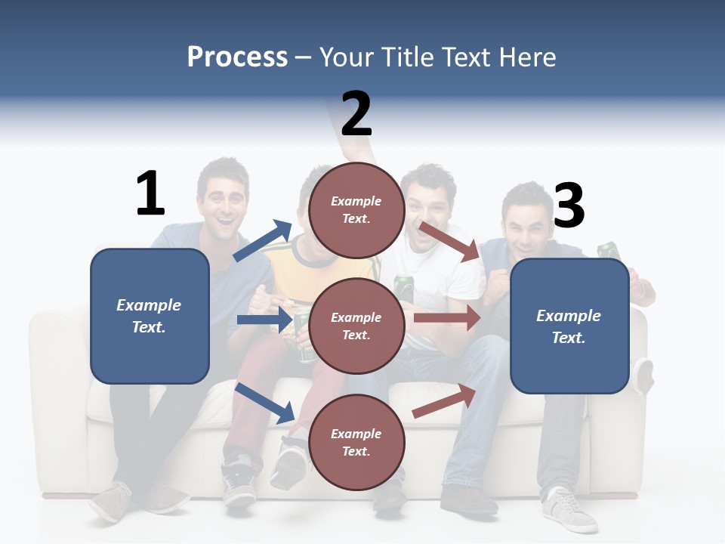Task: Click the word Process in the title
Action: click(x=237, y=57)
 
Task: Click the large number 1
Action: click(x=150, y=193)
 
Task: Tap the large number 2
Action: click(x=356, y=113)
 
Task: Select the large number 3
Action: click(x=569, y=206)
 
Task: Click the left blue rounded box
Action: click(x=150, y=316)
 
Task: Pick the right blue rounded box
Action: click(x=569, y=326)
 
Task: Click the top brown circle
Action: click(x=356, y=210)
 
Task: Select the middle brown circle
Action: click(x=356, y=326)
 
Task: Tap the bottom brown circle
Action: click(x=356, y=443)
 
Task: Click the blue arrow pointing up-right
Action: click(x=263, y=241)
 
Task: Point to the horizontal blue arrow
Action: click(x=264, y=320)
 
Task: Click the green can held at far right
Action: click(x=608, y=251)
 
